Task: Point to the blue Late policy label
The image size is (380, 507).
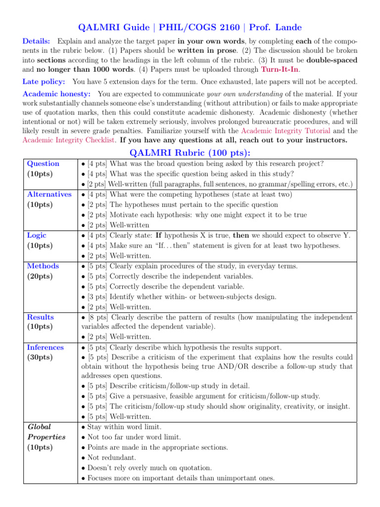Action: pos(46,81)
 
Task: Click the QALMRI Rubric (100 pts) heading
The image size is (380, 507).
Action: pos(190,152)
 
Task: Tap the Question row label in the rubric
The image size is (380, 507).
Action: pos(43,163)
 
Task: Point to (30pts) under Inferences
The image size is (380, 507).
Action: pos(40,357)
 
